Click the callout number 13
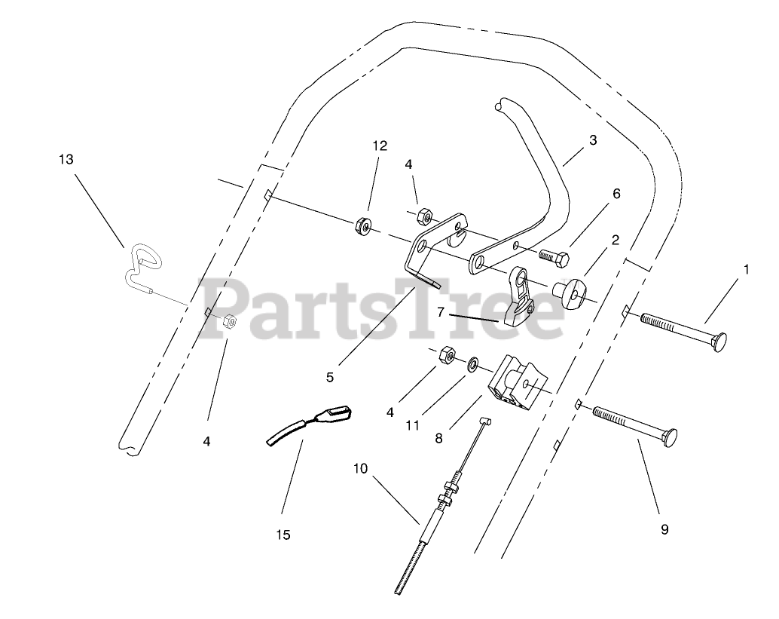67,159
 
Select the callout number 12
380,146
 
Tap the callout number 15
283,535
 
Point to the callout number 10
360,468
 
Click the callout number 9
664,529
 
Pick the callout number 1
747,268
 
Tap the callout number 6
616,194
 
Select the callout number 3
593,140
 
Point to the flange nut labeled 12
362,225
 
